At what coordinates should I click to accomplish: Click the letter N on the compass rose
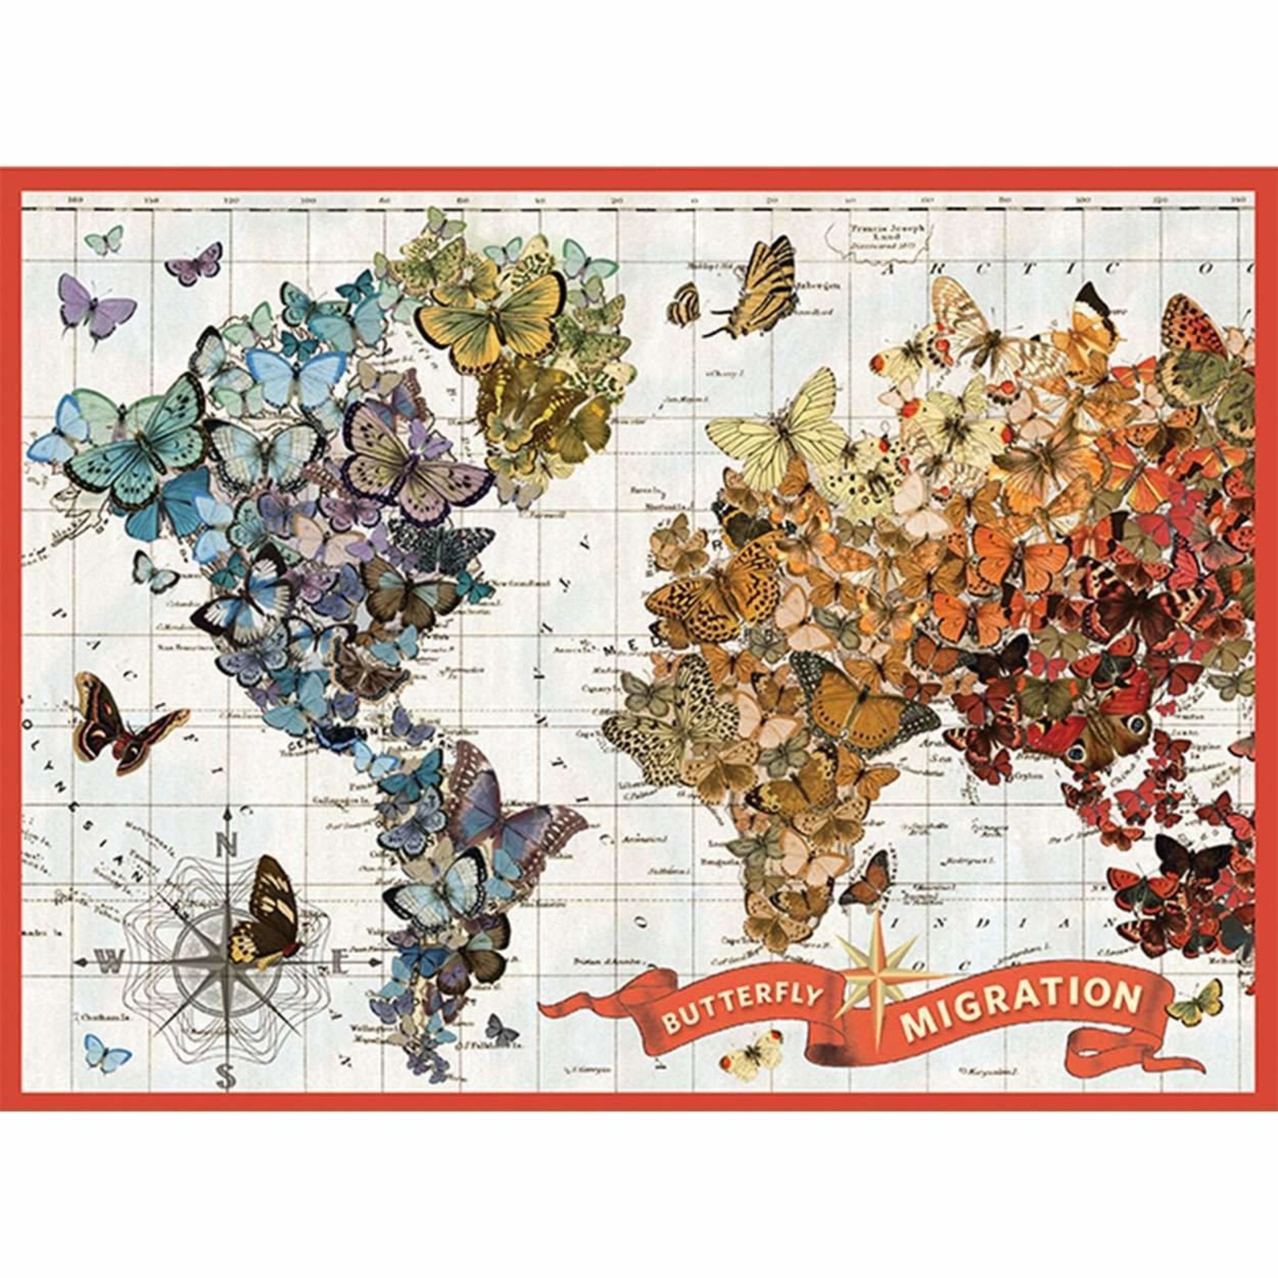[x=227, y=846]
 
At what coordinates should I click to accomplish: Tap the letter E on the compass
[x=341, y=964]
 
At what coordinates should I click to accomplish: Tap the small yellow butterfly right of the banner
[x=1195, y=1003]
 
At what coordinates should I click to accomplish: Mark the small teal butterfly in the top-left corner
[x=104, y=240]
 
